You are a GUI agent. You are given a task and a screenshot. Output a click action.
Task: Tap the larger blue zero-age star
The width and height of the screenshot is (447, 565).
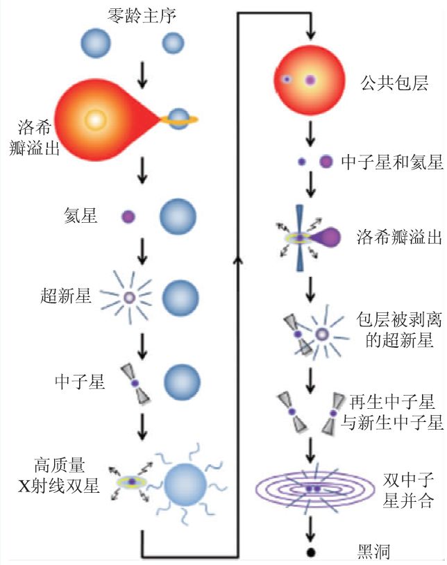(x=96, y=43)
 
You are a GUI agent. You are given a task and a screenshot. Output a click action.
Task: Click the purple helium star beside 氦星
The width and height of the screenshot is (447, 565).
(x=128, y=217)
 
